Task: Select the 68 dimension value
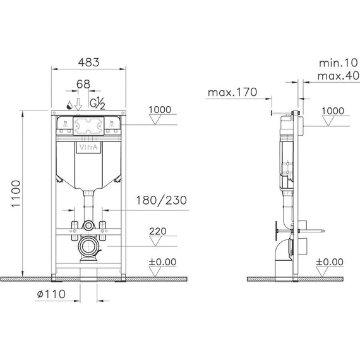83,84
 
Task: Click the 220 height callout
157,231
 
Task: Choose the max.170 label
232,92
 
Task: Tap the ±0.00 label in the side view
329,261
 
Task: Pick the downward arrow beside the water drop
78,103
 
